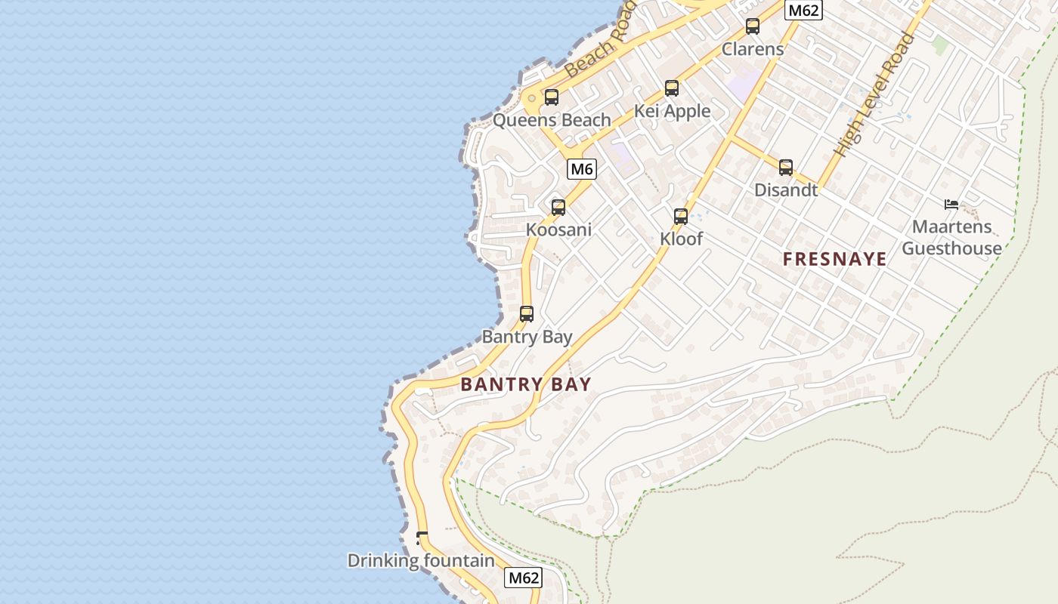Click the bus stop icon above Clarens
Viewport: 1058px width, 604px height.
752,26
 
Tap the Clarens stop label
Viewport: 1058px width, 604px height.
753,49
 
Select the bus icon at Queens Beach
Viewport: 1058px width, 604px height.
552,97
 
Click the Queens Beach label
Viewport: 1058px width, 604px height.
552,120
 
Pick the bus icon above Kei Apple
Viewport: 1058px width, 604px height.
672,88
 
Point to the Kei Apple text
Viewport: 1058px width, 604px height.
672,111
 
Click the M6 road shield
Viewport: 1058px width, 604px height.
582,169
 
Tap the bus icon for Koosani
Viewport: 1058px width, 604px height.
558,207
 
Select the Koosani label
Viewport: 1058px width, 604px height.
558,230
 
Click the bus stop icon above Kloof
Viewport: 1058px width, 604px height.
681,217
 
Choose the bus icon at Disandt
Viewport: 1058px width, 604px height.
786,168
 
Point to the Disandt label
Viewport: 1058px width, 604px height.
786,190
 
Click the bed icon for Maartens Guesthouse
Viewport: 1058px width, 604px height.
951,204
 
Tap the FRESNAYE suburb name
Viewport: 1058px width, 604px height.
834,260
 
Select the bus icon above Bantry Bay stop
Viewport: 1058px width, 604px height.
527,313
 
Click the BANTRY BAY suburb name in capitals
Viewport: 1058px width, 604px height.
525,384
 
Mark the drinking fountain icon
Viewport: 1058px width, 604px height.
422,538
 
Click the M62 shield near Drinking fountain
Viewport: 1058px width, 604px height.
523,578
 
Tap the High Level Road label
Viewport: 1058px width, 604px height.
874,94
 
